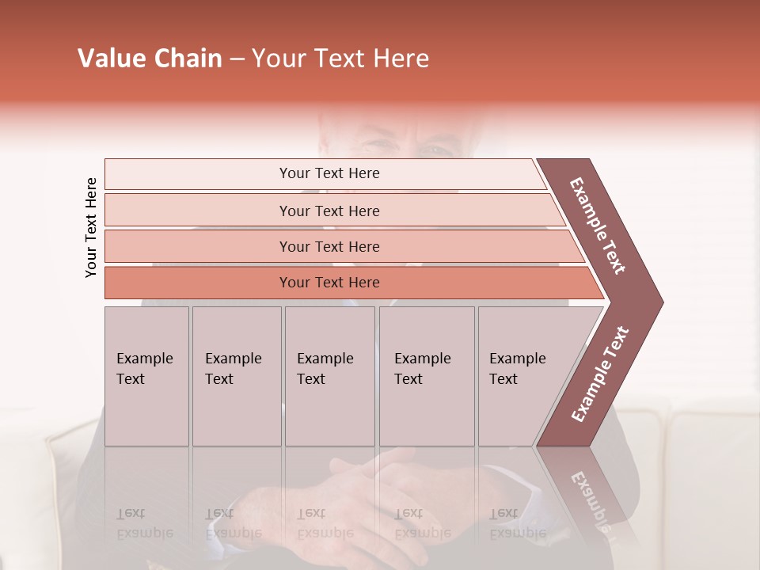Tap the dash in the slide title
click(x=237, y=59)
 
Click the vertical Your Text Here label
click(x=91, y=227)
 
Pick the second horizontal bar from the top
click(x=329, y=211)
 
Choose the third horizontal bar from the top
click(x=329, y=246)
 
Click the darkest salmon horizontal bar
click(x=329, y=283)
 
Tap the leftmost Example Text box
click(x=146, y=376)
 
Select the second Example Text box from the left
click(x=236, y=376)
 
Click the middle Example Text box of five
click(x=329, y=376)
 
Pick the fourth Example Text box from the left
click(x=426, y=376)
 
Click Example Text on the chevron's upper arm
click(x=598, y=226)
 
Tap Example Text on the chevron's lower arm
click(x=600, y=374)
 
